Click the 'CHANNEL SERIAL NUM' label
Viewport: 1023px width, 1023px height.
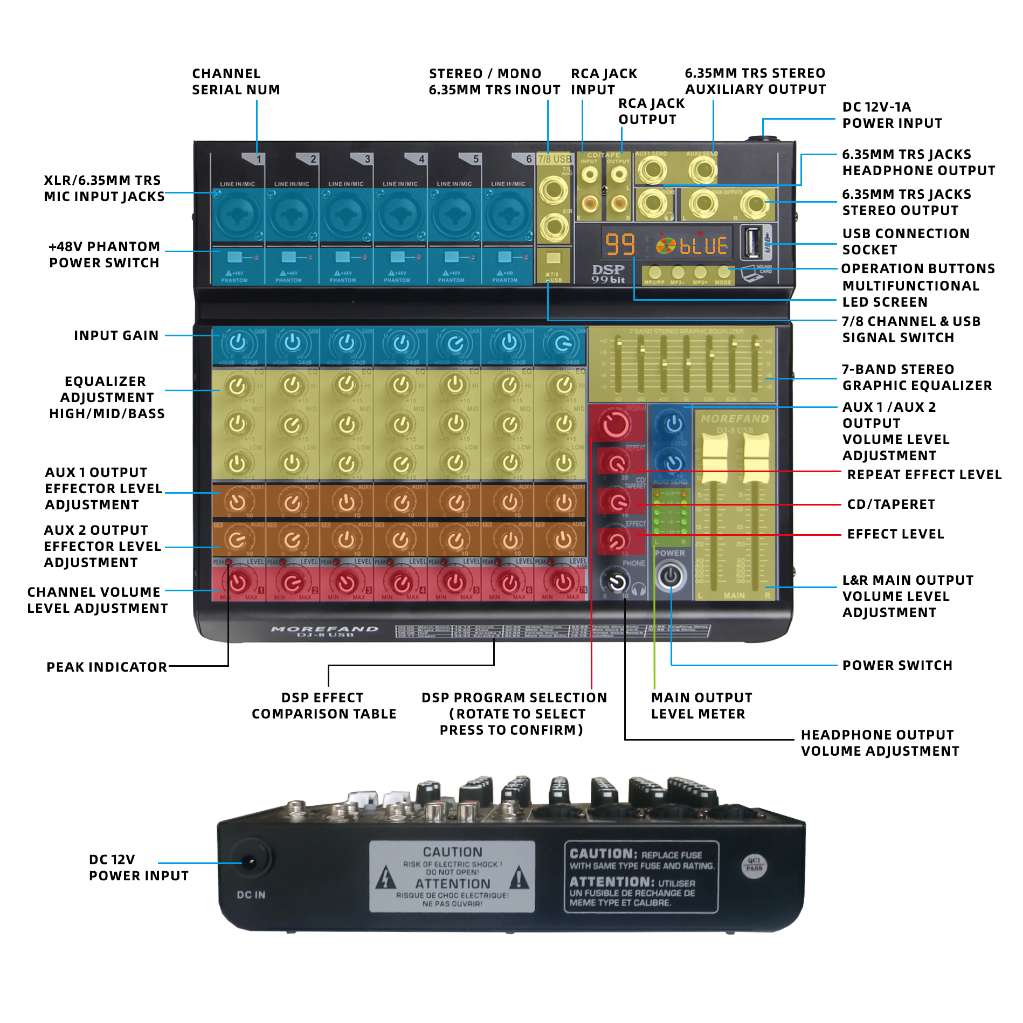point(235,81)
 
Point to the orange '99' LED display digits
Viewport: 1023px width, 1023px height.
point(620,244)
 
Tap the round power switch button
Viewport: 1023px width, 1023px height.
point(671,577)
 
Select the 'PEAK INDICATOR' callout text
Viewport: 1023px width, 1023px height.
point(106,667)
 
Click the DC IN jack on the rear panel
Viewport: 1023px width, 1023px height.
point(250,861)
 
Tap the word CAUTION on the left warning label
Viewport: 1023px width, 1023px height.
point(452,852)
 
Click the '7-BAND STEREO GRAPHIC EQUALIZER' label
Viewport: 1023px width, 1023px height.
point(917,377)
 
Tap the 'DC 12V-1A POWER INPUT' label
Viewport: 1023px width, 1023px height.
point(891,115)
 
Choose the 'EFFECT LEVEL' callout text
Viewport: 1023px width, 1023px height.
point(895,534)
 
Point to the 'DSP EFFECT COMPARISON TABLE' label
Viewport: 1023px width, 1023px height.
point(323,705)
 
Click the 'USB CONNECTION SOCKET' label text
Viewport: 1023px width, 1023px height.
point(905,241)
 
